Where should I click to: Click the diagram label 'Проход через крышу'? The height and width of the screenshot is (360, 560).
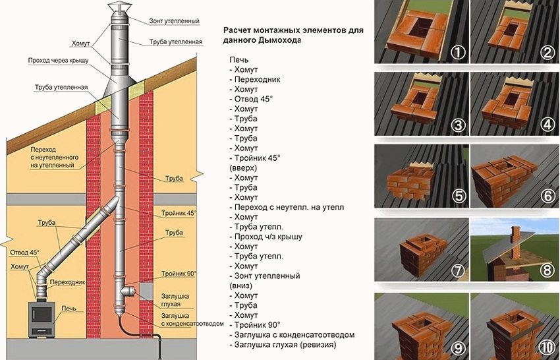[58, 61]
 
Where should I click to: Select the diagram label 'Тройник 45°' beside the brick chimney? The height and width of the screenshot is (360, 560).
[179, 214]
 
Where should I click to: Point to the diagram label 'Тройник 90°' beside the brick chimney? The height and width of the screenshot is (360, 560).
[179, 273]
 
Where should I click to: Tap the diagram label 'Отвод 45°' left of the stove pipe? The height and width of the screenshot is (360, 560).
[24, 253]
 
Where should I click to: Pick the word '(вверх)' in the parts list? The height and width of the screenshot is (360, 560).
[242, 168]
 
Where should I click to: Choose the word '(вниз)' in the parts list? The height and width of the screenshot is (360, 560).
[240, 285]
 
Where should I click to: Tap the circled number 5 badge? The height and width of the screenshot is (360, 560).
[455, 195]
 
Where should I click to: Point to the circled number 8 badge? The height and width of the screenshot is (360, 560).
[547, 269]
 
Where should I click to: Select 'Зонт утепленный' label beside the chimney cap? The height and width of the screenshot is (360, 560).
[176, 21]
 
